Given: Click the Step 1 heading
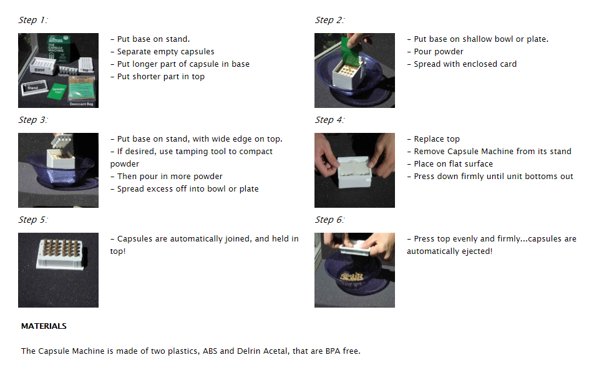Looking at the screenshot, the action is click(33, 20).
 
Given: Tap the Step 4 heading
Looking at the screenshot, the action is click(329, 120).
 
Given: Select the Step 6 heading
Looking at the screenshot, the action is click(329, 220).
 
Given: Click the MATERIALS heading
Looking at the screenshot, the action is click(44, 326).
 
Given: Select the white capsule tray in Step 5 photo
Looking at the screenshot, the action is click(60, 254).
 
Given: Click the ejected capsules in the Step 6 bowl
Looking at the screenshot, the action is click(351, 276).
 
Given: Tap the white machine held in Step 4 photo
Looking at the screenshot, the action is click(354, 172).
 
